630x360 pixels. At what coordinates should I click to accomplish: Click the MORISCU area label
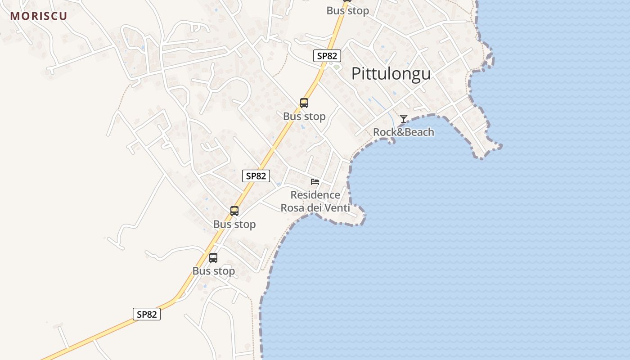point(39,16)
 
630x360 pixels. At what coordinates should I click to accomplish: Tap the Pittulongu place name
point(391,74)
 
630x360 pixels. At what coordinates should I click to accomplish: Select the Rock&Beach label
point(404,132)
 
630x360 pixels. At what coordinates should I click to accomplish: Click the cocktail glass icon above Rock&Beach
point(404,119)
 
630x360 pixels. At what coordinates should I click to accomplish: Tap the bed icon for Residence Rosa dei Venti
point(315,182)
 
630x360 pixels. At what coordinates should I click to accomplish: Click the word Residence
point(315,195)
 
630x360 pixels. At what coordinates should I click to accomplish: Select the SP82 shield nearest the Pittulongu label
point(327,56)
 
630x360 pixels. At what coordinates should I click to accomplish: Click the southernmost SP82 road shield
point(147,314)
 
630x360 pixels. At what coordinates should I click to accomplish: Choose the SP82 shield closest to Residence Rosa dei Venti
point(256,176)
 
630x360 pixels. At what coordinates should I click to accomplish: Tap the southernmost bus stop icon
point(213,258)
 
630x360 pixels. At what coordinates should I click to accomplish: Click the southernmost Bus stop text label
point(214,271)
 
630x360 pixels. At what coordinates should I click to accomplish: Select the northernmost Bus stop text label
point(348,10)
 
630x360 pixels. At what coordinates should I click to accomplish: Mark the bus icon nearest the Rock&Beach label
point(304,103)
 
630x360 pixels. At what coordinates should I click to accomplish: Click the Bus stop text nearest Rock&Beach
point(304,117)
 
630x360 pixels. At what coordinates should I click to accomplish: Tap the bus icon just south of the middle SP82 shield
point(234,211)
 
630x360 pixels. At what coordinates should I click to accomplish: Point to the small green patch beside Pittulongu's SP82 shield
point(336,67)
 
